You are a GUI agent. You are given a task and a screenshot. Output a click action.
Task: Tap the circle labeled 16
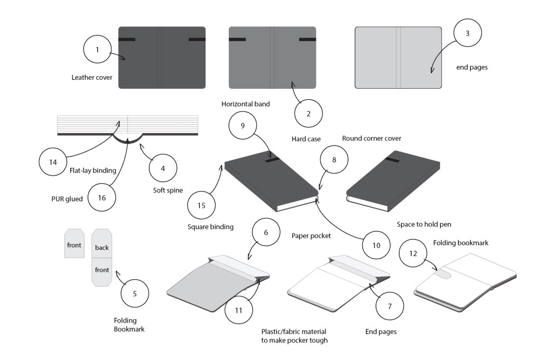[102, 197]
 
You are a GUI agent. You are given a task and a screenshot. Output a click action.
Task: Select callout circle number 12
[414, 253]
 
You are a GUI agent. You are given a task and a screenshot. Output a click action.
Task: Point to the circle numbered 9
[242, 126]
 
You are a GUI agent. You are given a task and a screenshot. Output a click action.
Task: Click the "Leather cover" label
[92, 78]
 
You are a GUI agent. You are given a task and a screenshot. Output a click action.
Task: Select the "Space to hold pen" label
[424, 224]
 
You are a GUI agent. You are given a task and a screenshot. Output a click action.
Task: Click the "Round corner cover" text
[371, 138]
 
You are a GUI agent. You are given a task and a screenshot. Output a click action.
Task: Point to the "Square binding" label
[210, 227]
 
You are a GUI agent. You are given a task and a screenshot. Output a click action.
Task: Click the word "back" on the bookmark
[101, 247]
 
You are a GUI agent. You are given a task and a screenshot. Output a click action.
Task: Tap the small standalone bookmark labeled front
[74, 245]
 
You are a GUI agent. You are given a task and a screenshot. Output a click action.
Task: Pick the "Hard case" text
[306, 139]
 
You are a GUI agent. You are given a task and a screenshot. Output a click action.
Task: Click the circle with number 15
[201, 205]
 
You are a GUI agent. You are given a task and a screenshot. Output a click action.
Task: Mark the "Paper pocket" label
[311, 236]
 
